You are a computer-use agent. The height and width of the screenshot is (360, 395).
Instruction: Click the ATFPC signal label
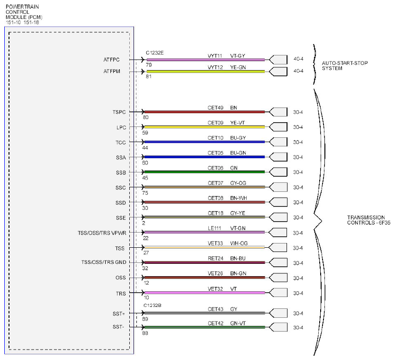111,60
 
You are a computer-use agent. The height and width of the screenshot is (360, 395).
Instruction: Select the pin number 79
149,65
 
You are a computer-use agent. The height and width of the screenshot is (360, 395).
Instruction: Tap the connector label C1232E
155,53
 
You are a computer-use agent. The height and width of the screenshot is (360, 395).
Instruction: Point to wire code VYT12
215,67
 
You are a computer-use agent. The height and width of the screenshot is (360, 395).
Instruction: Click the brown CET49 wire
205,112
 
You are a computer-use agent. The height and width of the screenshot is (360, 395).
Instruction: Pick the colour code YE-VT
237,123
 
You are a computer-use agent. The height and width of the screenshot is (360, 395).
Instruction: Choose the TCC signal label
121,143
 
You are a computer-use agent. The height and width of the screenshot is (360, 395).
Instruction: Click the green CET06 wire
205,172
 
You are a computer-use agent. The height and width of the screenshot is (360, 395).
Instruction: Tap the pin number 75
145,193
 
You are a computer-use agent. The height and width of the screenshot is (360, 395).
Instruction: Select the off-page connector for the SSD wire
278,202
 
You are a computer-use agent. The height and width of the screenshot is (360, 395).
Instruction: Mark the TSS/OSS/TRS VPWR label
102,233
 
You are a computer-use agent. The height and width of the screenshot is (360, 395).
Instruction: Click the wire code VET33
215,243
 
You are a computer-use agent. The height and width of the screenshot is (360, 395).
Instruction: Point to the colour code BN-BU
238,259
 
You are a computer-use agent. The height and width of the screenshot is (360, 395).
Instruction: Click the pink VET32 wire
205,293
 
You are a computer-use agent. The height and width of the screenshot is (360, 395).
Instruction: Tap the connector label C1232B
153,306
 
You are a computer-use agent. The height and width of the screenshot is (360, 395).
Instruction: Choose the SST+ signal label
119,314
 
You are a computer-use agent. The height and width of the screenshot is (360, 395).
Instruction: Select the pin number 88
145,333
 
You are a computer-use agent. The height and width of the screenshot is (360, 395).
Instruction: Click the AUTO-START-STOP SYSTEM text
345,65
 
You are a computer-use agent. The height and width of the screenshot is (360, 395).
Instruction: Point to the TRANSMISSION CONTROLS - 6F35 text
369,220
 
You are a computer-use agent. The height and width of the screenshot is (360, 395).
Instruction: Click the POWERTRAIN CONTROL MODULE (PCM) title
24,12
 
